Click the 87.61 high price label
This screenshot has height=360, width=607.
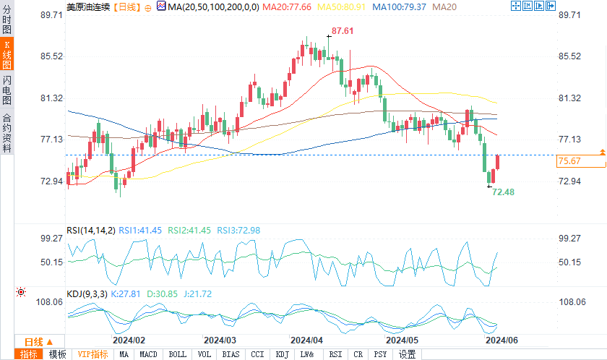pos(343,32)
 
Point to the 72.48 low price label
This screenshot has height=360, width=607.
pos(503,192)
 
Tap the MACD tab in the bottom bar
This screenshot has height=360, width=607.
pos(149,354)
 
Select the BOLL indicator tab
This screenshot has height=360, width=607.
pos(176,354)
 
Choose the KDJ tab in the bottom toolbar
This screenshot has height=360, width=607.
pos(282,354)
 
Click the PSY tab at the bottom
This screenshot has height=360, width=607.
pos(381,354)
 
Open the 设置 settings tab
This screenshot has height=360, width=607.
pos(408,354)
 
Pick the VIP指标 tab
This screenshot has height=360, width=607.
pos(93,354)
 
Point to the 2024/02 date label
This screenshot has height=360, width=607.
pos(129,340)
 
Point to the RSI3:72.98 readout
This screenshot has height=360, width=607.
pos(240,231)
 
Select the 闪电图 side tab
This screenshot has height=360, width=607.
pos(7,90)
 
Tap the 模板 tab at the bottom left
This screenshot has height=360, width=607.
pos(57,354)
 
